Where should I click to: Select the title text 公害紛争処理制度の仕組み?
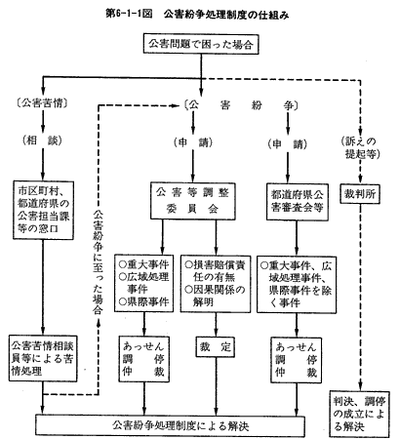pyautogui.click(x=226, y=15)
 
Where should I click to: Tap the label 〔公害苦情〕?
pyautogui.click(x=42, y=103)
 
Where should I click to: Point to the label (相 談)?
pyautogui.click(x=42, y=140)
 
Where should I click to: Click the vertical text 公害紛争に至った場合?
pyautogui.click(x=98, y=262)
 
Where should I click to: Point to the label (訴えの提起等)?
pyautogui.click(x=360, y=147)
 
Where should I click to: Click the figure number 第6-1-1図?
pyautogui.click(x=129, y=15)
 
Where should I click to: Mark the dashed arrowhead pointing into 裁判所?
pyautogui.click(x=360, y=180)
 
